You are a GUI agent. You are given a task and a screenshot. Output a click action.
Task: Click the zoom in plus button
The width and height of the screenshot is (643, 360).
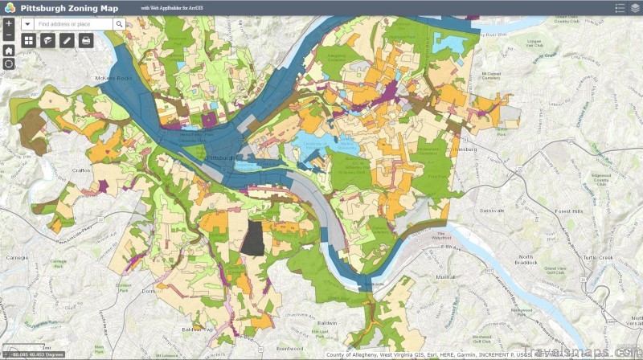click(8, 24)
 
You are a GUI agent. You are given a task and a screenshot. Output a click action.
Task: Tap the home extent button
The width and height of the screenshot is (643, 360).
click(8, 50)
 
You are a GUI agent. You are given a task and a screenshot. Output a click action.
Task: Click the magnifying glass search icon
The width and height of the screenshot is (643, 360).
click(119, 24)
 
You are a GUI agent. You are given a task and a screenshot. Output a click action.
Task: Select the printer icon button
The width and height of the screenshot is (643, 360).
click(86, 40)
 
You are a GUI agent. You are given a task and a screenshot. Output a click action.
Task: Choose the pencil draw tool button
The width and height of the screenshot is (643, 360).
click(67, 40)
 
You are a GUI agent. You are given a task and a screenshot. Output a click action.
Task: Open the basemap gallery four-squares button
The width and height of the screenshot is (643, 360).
click(29, 40)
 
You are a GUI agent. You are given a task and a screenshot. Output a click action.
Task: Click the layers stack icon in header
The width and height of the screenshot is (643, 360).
click(635, 8)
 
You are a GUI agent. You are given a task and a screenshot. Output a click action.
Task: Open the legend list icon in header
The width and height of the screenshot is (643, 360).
click(620, 8)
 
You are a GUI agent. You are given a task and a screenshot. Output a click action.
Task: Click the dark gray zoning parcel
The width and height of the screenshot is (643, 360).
click(254, 237)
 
